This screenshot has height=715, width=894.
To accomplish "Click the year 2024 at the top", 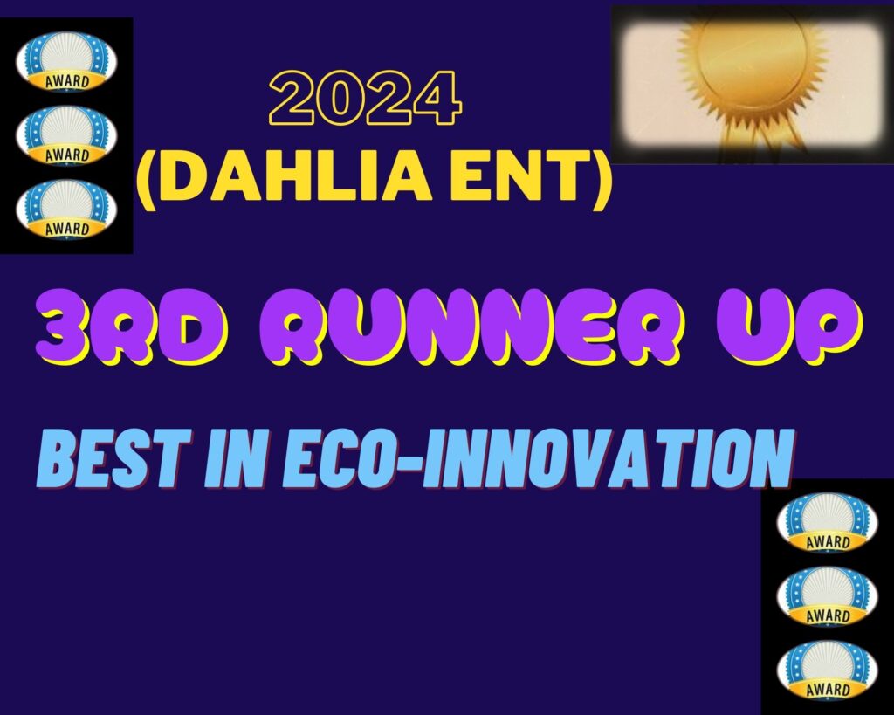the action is coord(365,98).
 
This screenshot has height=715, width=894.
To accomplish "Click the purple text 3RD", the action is coord(133,327).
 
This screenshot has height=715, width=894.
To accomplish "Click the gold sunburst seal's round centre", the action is coord(752,59).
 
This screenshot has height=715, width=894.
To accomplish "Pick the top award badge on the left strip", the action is coord(66,62).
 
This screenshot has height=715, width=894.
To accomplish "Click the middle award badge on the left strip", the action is coord(66,135).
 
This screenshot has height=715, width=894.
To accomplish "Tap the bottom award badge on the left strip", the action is coord(66,210).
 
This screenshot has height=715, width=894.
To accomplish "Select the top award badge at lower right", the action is coord(828,523).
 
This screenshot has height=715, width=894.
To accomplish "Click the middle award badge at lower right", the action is coord(828,596).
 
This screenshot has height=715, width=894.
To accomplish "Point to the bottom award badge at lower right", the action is coord(828,670).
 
